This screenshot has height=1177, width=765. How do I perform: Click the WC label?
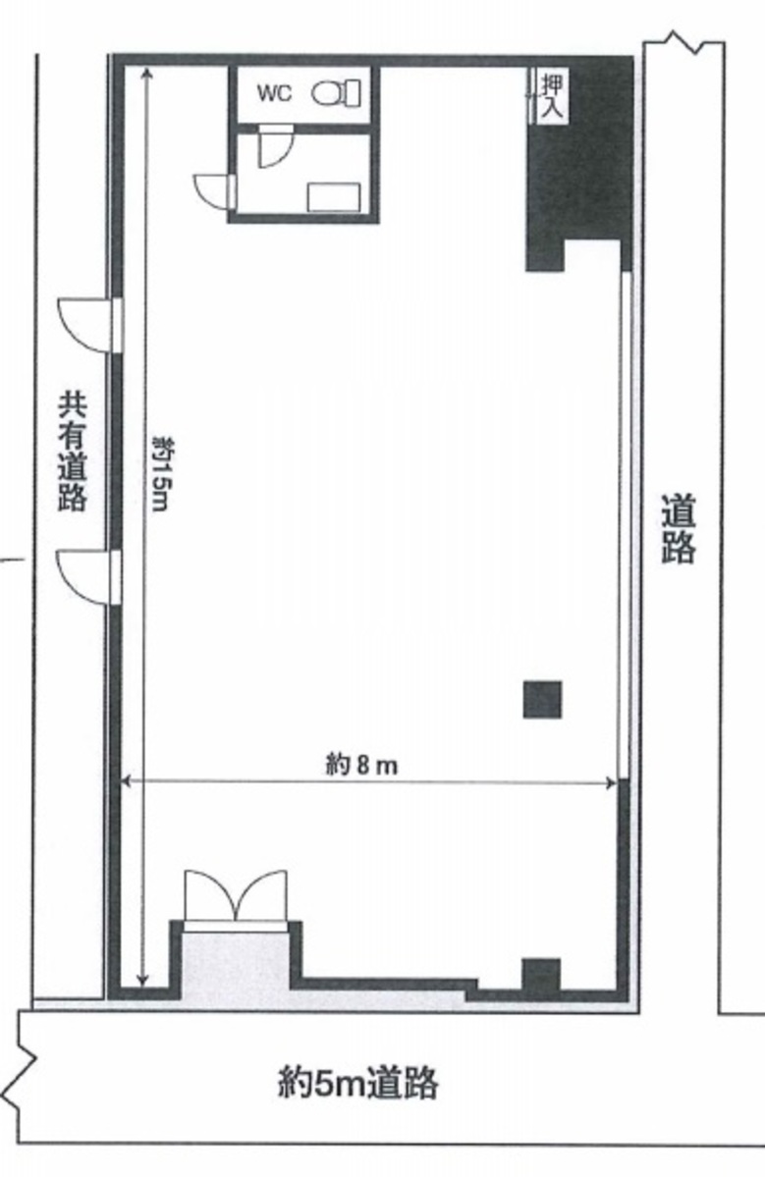click(273, 94)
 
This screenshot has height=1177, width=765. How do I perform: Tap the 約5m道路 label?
click(357, 1084)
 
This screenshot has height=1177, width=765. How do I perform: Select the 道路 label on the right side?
click(678, 530)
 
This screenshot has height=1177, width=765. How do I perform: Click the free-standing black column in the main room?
click(541, 699)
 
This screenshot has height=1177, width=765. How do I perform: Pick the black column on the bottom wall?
click(540, 977)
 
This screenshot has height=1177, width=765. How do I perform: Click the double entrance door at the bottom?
click(236, 895)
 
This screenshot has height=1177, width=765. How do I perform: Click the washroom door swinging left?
click(212, 191)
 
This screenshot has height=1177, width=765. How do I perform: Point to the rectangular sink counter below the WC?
click(334, 197)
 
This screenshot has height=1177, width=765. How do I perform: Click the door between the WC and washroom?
click(273, 148)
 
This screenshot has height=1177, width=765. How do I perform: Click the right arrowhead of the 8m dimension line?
click(611, 782)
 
